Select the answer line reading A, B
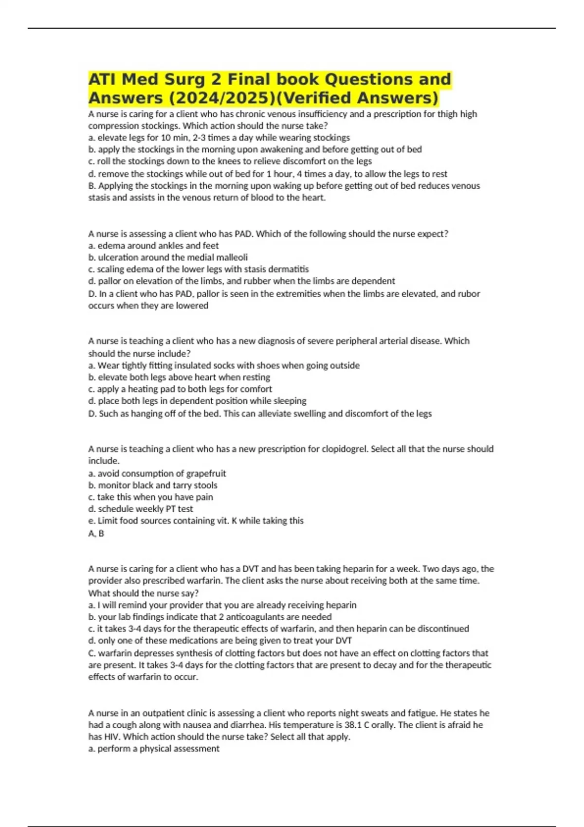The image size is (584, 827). tap(96, 533)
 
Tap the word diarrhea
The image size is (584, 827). tap(246, 725)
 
